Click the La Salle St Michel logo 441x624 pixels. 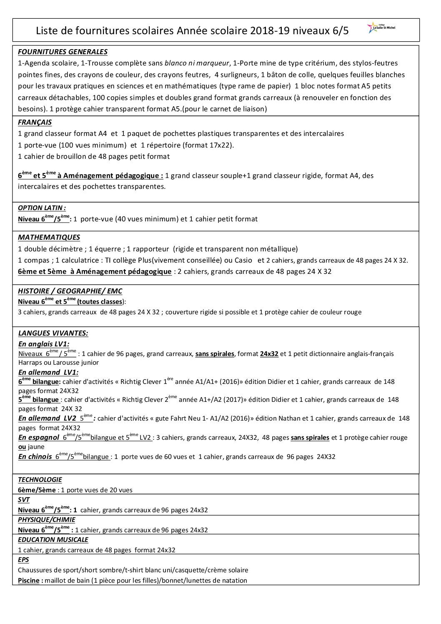(381, 28)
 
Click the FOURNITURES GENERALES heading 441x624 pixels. (63, 52)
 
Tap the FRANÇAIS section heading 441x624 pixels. (35, 123)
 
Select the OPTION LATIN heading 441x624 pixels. (42, 208)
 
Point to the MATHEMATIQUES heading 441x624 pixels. (49, 238)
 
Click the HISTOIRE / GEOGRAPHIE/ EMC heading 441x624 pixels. (70, 291)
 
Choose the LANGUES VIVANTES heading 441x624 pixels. (53, 333)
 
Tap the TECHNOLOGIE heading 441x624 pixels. (40, 480)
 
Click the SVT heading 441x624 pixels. (24, 500)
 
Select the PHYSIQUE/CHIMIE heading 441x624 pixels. (47, 520)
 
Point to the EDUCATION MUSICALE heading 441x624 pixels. (53, 540)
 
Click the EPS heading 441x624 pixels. (23, 560)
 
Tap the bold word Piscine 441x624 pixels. (28, 581)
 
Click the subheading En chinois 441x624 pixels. (35, 457)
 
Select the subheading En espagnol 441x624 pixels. (39, 438)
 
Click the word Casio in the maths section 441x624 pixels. (243, 261)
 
